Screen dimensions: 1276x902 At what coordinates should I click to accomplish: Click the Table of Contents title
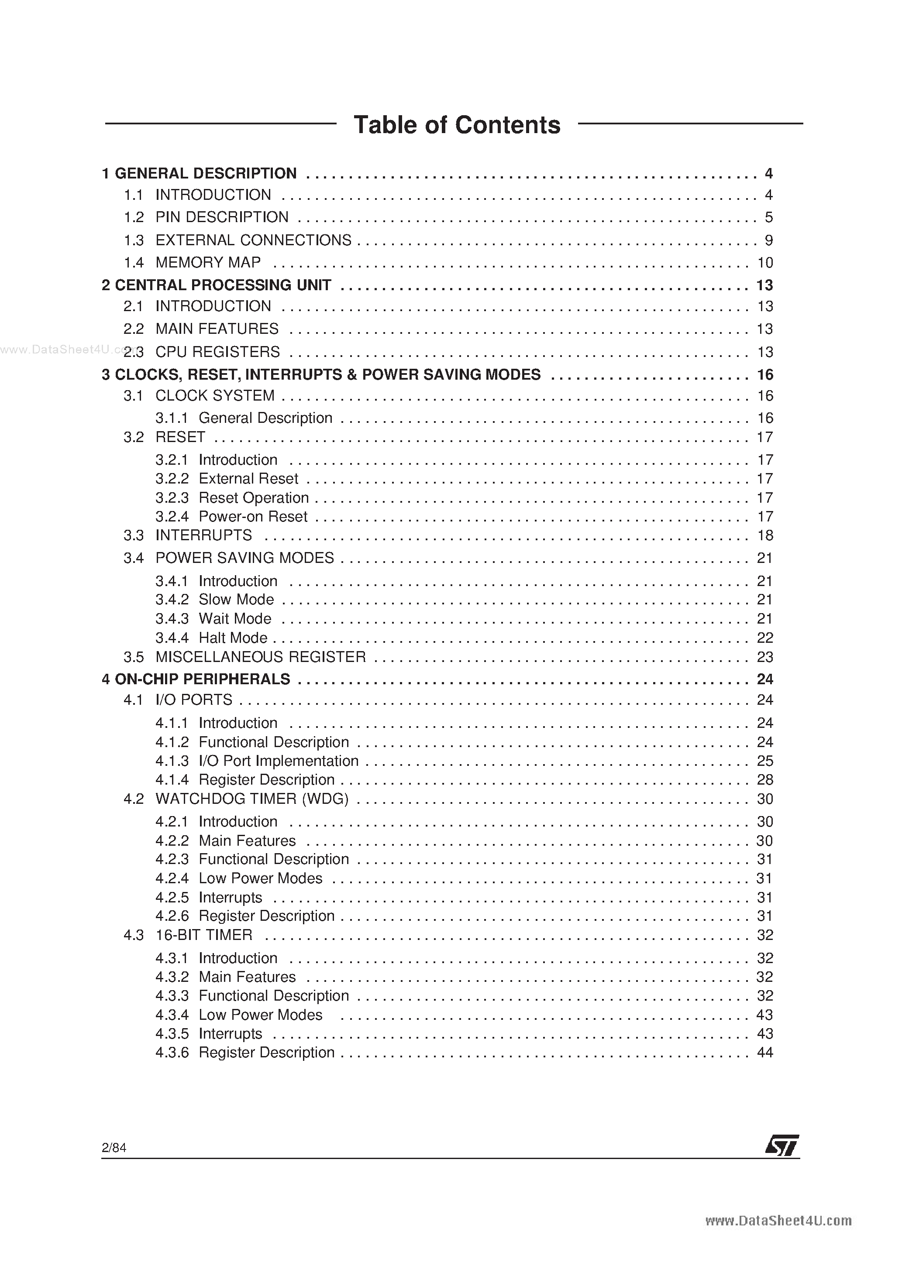click(x=457, y=125)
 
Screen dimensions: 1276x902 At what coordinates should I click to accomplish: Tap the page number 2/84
click(x=114, y=1148)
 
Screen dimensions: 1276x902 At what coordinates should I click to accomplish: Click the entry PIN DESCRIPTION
click(x=222, y=217)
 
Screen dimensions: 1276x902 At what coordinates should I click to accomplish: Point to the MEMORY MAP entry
click(x=208, y=262)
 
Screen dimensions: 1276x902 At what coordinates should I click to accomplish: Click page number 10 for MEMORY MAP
click(x=764, y=262)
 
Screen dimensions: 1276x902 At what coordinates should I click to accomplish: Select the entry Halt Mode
click(x=233, y=638)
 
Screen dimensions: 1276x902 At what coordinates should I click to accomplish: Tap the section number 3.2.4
click(x=172, y=517)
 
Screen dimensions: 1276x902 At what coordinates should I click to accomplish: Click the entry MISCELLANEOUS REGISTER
click(x=260, y=657)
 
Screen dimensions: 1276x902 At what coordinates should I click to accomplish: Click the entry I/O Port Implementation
click(x=278, y=761)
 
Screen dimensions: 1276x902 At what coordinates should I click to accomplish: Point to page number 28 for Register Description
click(x=764, y=780)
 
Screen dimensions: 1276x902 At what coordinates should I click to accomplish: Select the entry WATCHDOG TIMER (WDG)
click(x=252, y=799)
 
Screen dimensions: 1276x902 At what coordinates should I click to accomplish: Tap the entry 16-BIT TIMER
click(x=203, y=935)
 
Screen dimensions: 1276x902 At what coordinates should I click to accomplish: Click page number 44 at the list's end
click(x=764, y=1053)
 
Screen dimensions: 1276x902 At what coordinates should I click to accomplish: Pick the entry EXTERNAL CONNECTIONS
click(x=253, y=240)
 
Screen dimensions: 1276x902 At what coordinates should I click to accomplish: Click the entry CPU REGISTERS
click(x=217, y=352)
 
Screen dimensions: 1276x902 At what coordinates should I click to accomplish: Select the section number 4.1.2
click(x=172, y=742)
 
